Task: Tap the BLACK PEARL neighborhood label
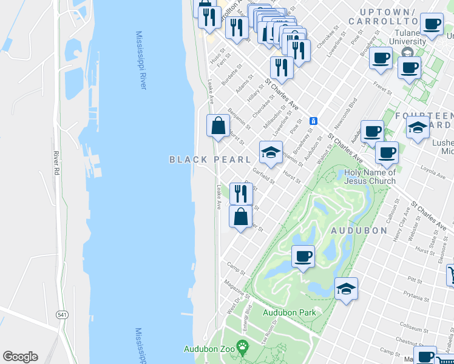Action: pos(210,160)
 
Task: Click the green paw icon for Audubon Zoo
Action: pos(243,349)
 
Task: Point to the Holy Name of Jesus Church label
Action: pos(370,177)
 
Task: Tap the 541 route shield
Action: pos(62,315)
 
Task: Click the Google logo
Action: pos(20,357)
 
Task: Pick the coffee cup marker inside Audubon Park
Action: pos(303,256)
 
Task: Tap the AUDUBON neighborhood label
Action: pos(358,231)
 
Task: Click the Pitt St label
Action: pos(415,280)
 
